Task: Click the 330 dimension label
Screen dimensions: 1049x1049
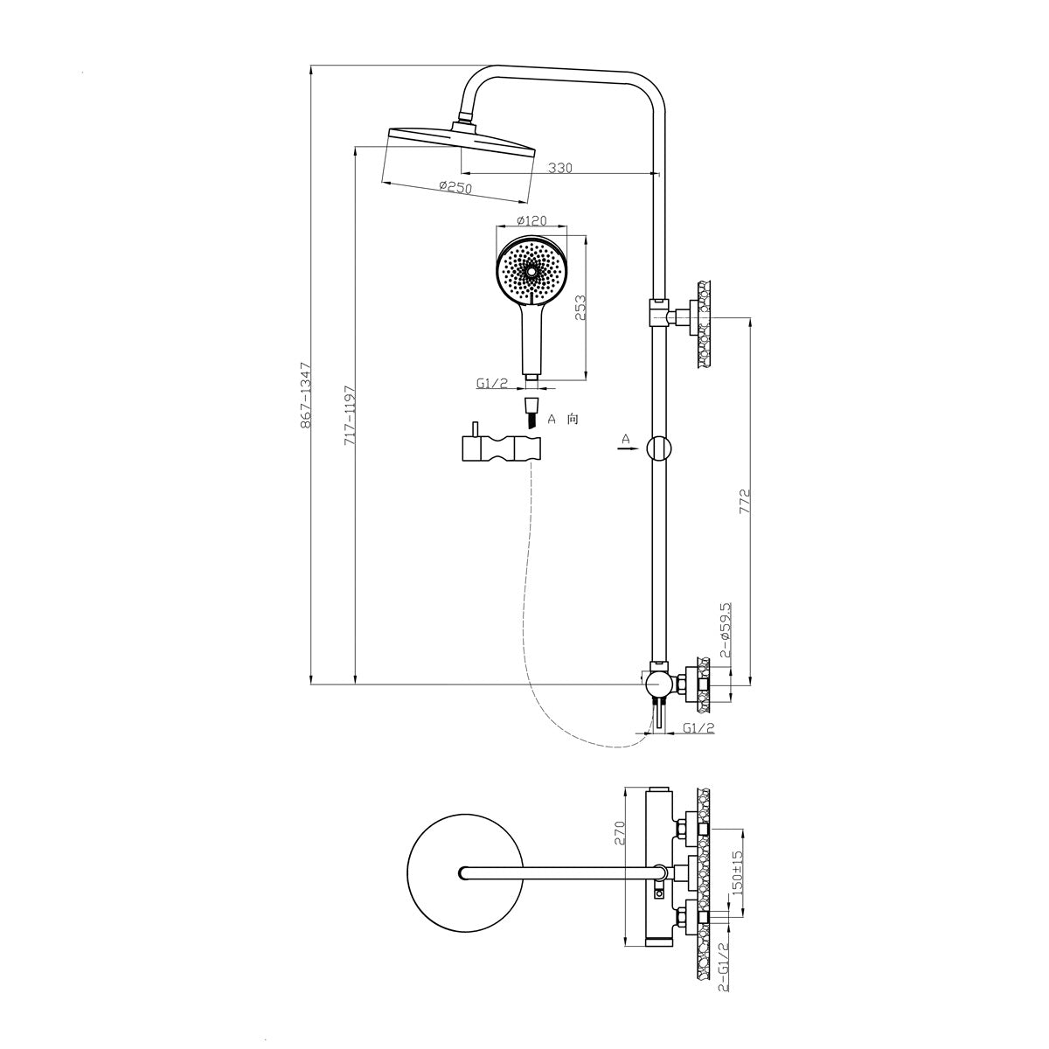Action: [559, 167]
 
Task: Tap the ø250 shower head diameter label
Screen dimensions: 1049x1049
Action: [455, 187]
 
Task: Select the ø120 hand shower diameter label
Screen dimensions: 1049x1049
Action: [531, 220]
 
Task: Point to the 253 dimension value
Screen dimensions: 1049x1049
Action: [580, 308]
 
